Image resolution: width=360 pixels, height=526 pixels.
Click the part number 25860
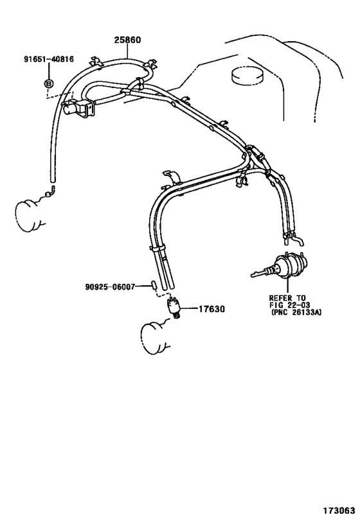[127, 40]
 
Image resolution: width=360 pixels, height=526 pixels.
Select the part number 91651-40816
[49, 59]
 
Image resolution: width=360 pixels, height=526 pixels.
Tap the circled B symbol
[49, 83]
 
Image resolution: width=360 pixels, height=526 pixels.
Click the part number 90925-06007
[110, 287]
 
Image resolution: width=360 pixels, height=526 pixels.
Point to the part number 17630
[212, 309]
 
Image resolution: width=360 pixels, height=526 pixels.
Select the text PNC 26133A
[296, 313]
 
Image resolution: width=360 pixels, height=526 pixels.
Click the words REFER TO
[287, 298]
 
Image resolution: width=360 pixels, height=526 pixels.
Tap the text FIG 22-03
[289, 305]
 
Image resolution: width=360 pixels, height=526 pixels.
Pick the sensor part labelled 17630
[174, 306]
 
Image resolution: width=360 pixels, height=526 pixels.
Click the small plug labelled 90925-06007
[154, 285]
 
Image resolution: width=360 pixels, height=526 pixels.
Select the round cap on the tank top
[248, 76]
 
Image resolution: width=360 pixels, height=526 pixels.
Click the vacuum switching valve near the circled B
[79, 108]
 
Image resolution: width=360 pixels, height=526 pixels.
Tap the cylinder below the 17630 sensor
[155, 338]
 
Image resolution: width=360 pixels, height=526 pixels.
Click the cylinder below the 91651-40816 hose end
[29, 215]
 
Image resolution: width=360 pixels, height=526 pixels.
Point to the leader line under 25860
[128, 51]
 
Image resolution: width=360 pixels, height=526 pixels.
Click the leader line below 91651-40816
[49, 71]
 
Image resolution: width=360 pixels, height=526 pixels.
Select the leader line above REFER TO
[287, 285]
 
